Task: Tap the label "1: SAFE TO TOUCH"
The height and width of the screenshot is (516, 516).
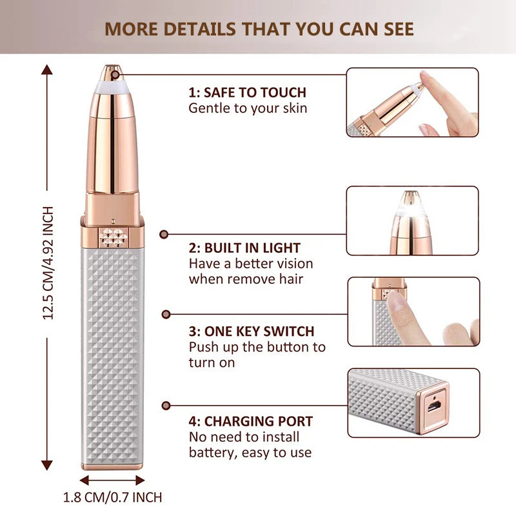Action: (247, 92)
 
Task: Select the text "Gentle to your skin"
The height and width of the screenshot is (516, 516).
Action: (248, 108)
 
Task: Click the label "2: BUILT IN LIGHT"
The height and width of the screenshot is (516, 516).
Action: (244, 248)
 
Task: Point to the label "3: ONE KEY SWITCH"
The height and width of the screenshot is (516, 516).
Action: (252, 332)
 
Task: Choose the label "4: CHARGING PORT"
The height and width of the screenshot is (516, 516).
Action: (251, 422)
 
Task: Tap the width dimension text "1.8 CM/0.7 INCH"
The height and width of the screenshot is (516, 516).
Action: (112, 497)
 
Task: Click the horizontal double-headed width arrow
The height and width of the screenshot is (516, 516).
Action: (112, 480)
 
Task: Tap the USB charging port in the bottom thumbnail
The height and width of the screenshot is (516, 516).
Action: (433, 403)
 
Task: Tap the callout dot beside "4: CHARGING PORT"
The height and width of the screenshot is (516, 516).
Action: (166, 406)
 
